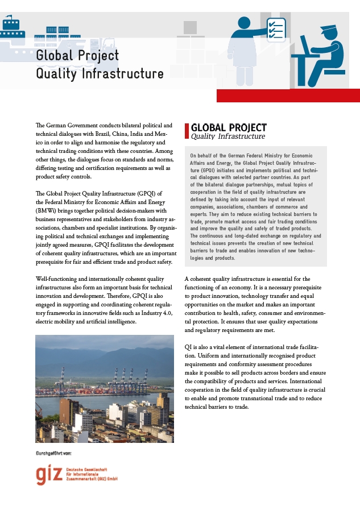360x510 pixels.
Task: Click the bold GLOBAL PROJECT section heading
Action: point(229,127)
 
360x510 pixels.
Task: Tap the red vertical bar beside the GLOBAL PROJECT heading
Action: point(187,131)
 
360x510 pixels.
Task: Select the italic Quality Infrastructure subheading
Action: point(228,136)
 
